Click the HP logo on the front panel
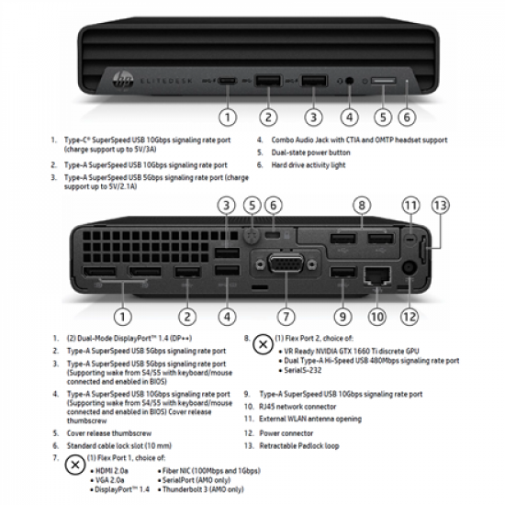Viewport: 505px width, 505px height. coord(119,73)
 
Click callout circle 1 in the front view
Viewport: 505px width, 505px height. coord(230,117)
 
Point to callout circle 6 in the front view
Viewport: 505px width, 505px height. coord(408,117)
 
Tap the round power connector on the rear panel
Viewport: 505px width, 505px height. coord(409,269)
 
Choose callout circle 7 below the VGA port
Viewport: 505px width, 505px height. coord(287,317)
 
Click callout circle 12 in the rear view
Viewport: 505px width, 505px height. coord(409,317)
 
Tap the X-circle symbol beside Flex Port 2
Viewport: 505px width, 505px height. coord(263,343)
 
